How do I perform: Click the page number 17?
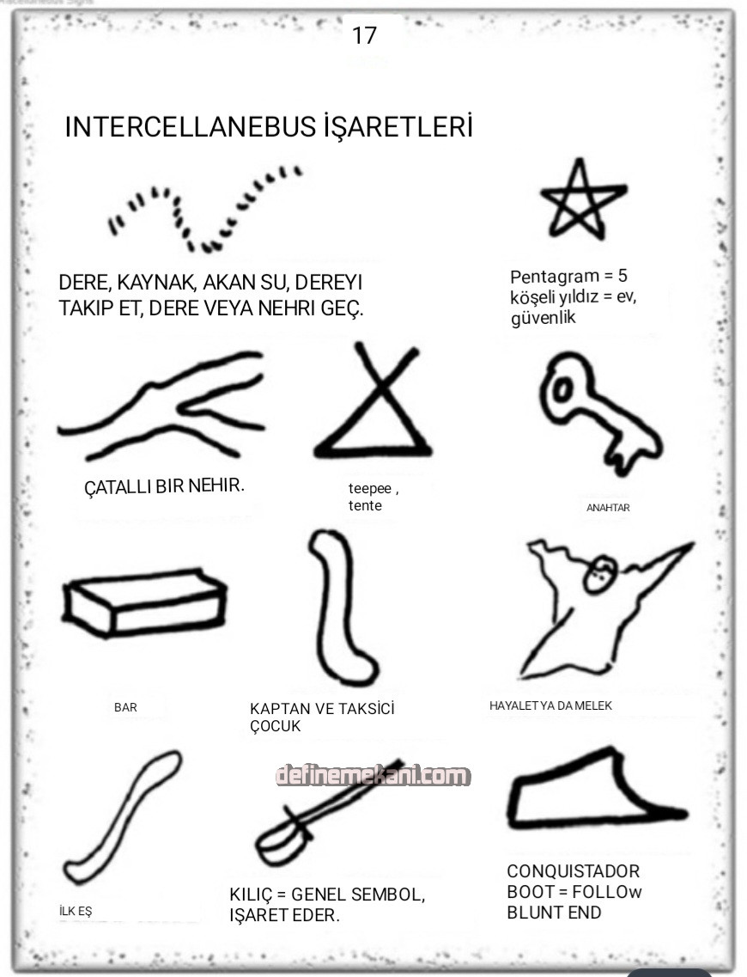pos(364,35)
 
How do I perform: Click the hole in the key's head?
pos(562,391)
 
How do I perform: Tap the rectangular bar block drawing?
pos(144,601)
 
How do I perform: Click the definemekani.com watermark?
pos(373,776)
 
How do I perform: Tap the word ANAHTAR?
pos(608,508)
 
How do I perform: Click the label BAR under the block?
pos(125,707)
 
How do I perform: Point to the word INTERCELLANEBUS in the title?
pos(191,126)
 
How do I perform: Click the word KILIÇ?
pos(251,895)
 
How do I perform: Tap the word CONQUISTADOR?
pos(573,871)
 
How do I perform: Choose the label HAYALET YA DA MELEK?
pos(550,705)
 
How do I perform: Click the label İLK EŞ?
pos(76,911)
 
